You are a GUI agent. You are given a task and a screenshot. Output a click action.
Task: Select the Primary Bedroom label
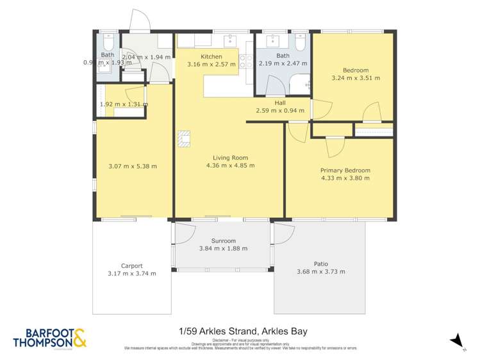[345, 170]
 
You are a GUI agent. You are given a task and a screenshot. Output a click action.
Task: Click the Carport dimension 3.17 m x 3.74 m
[133, 273]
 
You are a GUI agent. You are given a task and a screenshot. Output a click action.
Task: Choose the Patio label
[320, 263]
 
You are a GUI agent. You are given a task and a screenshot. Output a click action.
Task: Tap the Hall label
[280, 102]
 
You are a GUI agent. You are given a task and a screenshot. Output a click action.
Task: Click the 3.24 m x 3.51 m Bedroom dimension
[356, 78]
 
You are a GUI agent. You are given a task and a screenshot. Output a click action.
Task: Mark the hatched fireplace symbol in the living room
[185, 138]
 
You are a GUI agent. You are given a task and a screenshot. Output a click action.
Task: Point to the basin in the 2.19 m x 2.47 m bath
[268, 40]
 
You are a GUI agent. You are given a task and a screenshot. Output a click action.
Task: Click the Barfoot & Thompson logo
[49, 338]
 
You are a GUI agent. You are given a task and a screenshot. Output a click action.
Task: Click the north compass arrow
[456, 340]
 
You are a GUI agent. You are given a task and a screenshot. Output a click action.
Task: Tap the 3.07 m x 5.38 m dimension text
[133, 167]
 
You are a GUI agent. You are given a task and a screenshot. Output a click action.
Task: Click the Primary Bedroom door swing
[333, 147]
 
